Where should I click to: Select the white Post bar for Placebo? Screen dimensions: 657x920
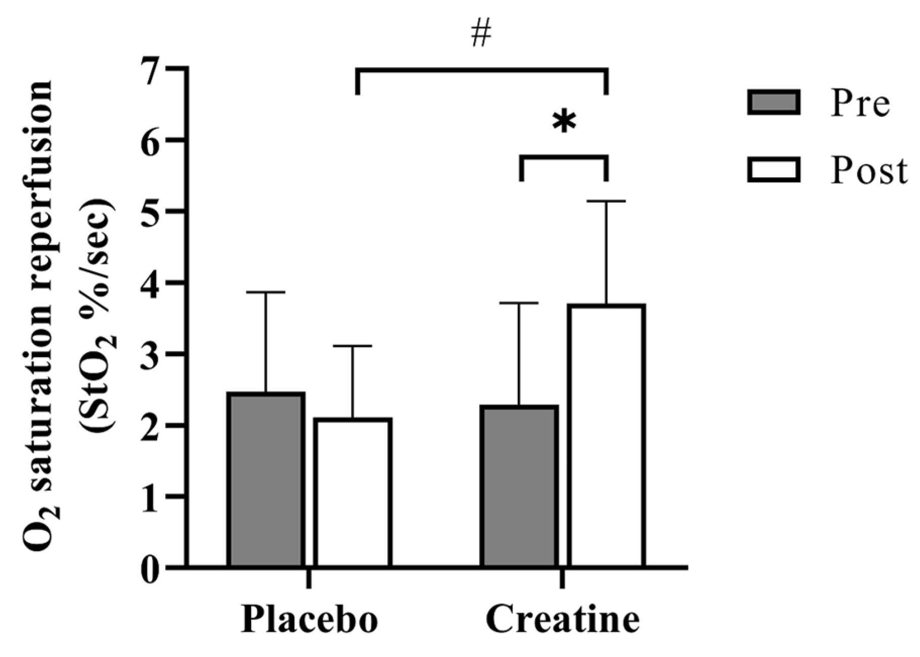352,492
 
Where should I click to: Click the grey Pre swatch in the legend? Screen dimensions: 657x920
774,103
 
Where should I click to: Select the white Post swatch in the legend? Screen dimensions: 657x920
774,170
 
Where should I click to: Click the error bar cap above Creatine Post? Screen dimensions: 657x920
606,201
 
